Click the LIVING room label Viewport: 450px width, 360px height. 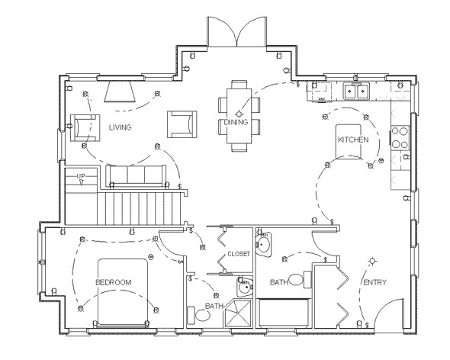120,127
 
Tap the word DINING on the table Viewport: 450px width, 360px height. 236,122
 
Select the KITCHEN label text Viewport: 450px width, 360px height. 354,140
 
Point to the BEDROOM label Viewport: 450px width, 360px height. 113,282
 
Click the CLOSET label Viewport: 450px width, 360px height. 238,254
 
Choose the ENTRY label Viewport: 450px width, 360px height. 374,283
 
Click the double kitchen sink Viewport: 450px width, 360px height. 356,92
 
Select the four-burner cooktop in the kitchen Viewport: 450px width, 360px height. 400,138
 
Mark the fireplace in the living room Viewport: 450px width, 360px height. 121,92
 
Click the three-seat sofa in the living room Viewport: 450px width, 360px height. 136,175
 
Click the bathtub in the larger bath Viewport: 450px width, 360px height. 284,313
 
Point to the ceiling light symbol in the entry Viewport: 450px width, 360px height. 372,261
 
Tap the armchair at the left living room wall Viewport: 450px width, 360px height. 85,126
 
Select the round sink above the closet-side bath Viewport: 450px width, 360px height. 263,245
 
